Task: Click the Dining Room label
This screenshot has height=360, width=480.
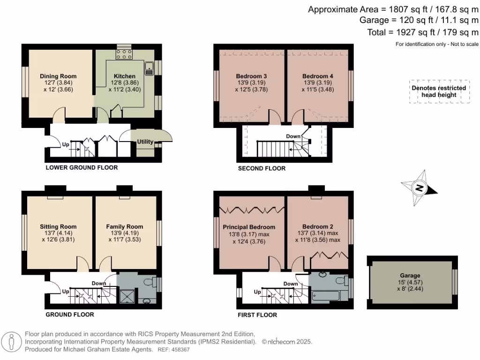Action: click(58, 76)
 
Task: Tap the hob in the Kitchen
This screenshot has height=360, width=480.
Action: click(124, 54)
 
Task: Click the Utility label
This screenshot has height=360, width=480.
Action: click(145, 142)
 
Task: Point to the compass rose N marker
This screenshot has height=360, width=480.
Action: click(420, 187)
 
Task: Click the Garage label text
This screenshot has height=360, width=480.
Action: click(410, 276)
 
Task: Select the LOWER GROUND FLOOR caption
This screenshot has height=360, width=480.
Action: click(82, 167)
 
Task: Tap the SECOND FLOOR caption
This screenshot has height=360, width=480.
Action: click(262, 168)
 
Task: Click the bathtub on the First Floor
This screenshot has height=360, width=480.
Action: click(325, 296)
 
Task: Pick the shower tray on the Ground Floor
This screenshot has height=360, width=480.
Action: click(127, 297)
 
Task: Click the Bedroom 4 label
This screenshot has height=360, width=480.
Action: click(318, 76)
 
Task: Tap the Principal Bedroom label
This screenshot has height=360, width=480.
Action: click(249, 227)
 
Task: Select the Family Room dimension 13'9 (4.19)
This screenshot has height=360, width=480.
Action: click(125, 233)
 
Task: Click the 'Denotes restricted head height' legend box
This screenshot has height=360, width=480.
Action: click(439, 91)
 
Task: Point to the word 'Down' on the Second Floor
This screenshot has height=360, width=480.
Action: click(293, 136)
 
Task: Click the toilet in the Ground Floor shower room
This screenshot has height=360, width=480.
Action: click(150, 282)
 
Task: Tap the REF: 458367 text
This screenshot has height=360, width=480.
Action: click(173, 350)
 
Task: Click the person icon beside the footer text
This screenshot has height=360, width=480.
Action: click(11, 342)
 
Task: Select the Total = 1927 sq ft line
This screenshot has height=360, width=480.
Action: click(423, 32)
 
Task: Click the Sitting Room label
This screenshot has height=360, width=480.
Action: click(58, 227)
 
